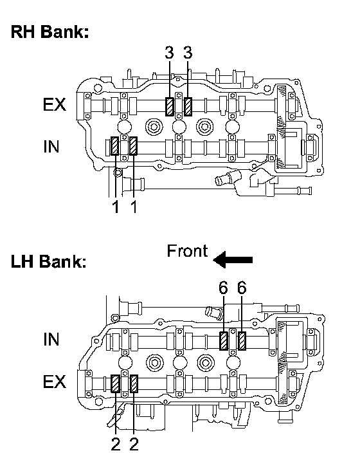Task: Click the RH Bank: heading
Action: (50, 32)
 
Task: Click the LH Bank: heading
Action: (48, 261)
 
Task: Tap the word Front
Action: (187, 251)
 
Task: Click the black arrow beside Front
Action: (233, 259)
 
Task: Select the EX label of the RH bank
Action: (54, 104)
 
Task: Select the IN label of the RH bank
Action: (51, 147)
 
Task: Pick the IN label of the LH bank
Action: (51, 339)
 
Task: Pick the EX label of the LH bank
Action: (54, 382)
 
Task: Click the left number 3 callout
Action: (170, 53)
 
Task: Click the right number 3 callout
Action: (188, 53)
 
